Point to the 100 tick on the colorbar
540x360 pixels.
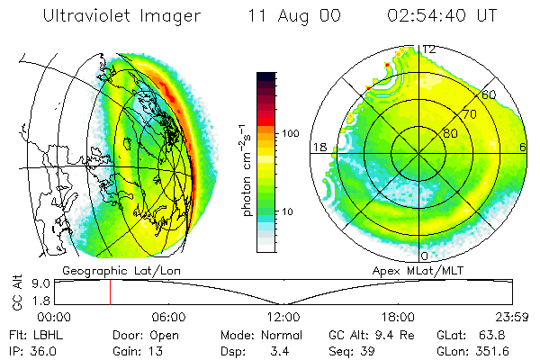292,133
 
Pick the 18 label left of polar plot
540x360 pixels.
318,147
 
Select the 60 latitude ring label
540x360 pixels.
489,94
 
